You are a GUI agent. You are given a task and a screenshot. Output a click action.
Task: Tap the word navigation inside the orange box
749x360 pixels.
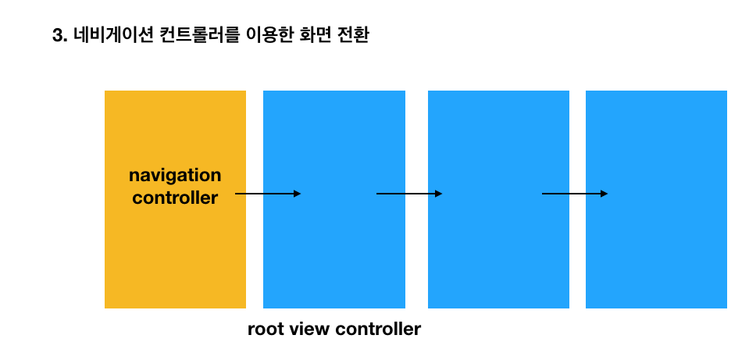coord(175,175)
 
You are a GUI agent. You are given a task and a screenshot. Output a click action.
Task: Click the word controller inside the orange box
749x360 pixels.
coord(175,198)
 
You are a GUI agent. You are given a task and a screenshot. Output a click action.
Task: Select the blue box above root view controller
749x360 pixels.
coord(334,250)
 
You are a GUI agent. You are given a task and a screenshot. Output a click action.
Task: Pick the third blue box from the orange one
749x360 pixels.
coord(656,250)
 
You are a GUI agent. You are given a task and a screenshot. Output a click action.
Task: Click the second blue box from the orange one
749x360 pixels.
coord(498,250)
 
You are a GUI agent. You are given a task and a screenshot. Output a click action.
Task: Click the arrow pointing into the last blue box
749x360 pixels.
coord(574,194)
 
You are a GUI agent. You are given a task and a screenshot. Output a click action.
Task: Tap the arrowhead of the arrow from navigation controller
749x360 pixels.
coord(297,194)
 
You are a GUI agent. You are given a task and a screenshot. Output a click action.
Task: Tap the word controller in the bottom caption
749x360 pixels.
coord(378,330)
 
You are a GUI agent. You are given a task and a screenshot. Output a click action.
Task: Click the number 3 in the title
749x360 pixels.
coord(56,36)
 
